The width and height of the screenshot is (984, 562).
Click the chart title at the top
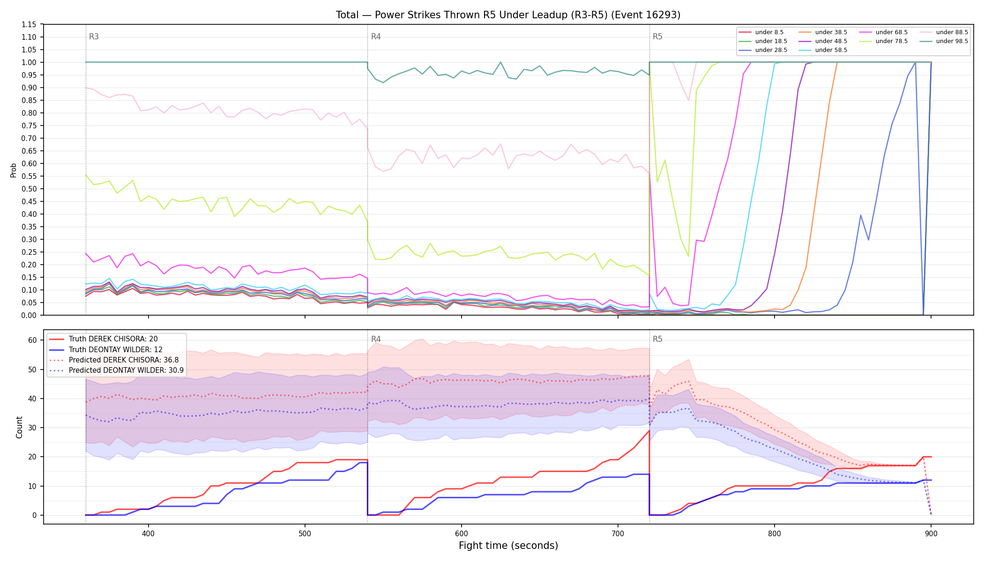pyautogui.click(x=508, y=15)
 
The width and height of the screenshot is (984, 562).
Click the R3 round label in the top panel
pyautogui.click(x=94, y=37)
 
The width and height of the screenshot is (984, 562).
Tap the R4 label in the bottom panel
pyautogui.click(x=376, y=339)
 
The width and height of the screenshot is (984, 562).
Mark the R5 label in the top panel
pyautogui.click(x=657, y=37)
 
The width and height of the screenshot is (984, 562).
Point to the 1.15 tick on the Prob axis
pyautogui.click(x=29, y=24)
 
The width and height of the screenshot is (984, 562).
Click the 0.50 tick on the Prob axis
pyautogui.click(x=29, y=189)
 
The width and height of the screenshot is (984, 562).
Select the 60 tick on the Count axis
pyautogui.click(x=32, y=340)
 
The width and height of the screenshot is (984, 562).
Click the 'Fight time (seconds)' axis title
pyautogui.click(x=508, y=546)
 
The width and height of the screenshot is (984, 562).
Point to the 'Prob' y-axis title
pyautogui.click(x=14, y=170)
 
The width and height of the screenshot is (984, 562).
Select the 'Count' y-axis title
pyautogui.click(x=19, y=427)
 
